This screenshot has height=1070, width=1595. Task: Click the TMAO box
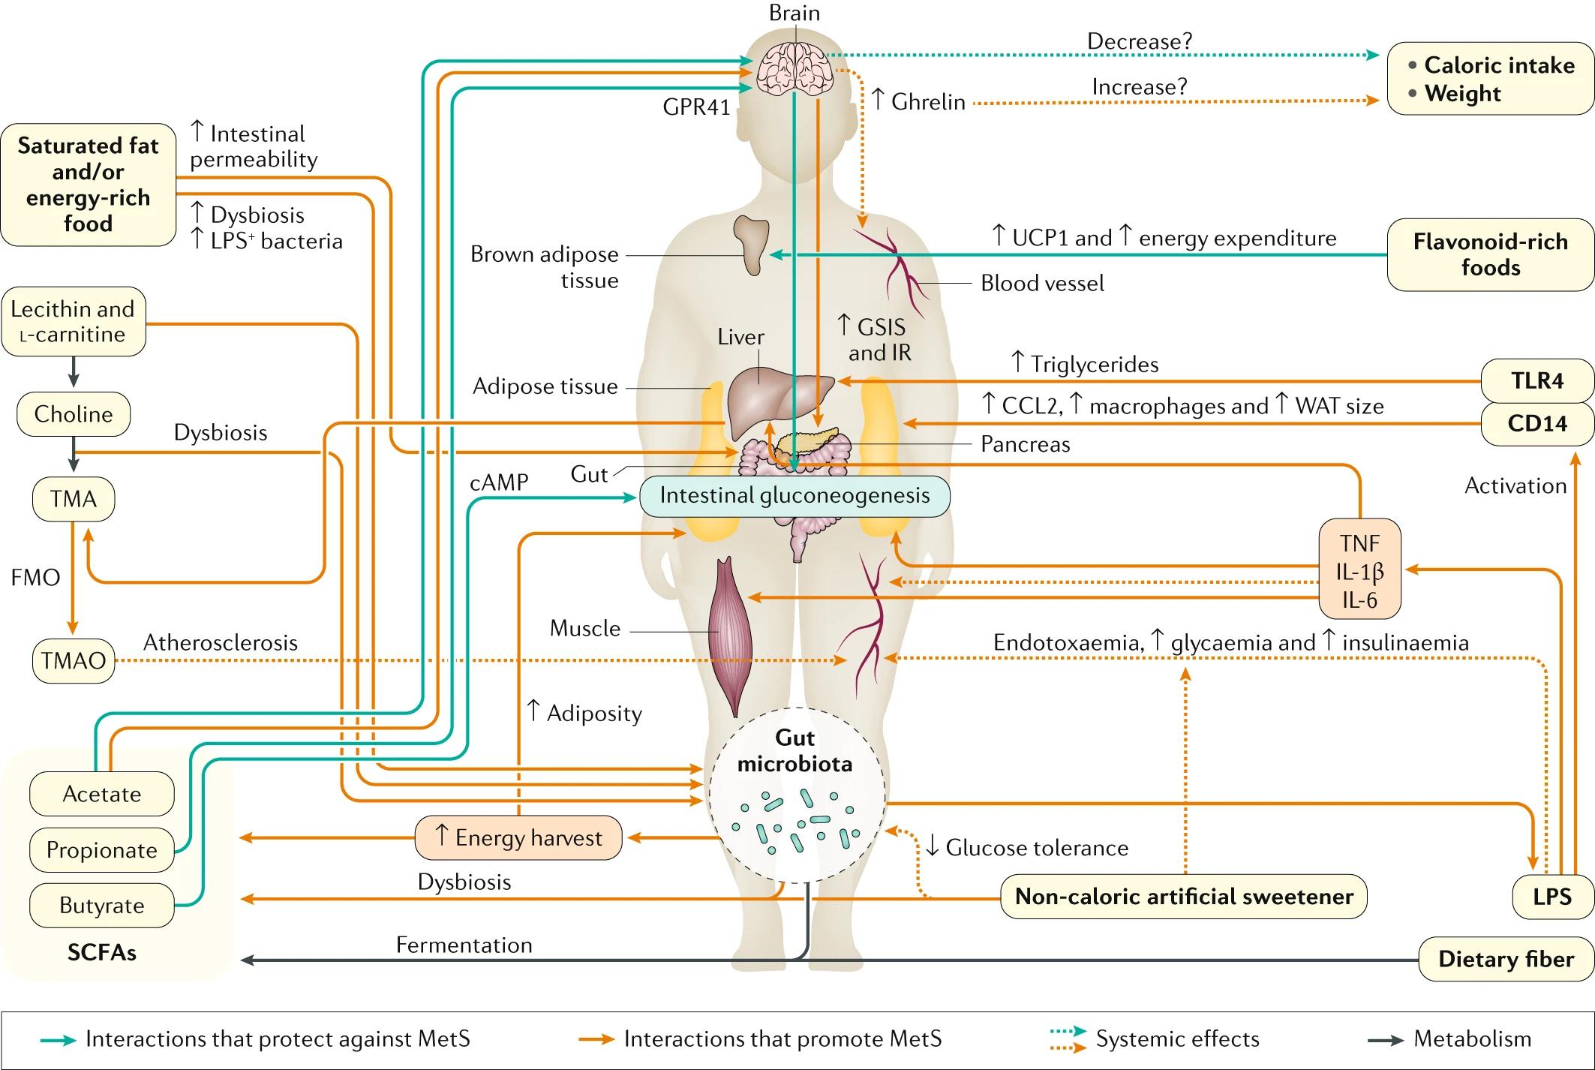(x=74, y=660)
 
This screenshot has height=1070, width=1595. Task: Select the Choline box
(x=74, y=414)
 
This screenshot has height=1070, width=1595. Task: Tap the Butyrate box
(x=102, y=906)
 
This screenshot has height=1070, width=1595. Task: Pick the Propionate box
(x=102, y=850)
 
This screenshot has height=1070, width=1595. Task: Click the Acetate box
(x=102, y=794)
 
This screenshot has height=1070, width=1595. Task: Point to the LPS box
(x=1551, y=897)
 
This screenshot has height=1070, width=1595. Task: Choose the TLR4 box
(x=1537, y=381)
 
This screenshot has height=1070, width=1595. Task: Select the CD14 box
(x=1537, y=424)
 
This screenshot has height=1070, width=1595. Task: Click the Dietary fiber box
(x=1506, y=959)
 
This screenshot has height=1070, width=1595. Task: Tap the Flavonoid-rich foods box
(x=1490, y=255)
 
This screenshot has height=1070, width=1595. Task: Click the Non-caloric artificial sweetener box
(x=1184, y=897)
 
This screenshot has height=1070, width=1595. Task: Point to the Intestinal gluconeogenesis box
(x=794, y=496)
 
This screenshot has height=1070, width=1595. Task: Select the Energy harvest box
(x=518, y=837)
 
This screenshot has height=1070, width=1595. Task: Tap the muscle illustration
(x=725, y=634)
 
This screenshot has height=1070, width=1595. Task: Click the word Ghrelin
(x=928, y=102)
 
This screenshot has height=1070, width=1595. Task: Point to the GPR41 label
(x=696, y=108)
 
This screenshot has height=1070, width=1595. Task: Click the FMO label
(x=35, y=578)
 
